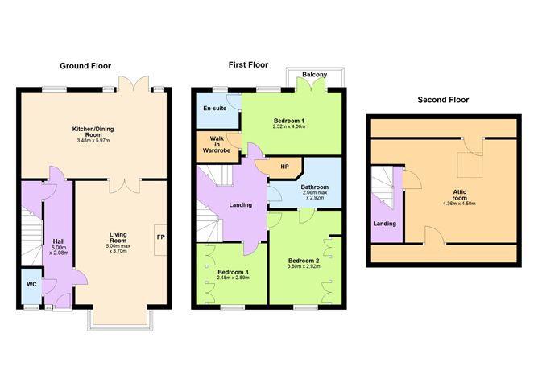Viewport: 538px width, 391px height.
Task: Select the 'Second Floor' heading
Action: pos(443,100)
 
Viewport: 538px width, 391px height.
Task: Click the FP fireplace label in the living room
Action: pos(160,237)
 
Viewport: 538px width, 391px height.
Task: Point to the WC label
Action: pos(31,284)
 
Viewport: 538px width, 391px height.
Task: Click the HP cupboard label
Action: pos(284,167)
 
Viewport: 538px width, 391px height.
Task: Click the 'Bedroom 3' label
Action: pos(234,272)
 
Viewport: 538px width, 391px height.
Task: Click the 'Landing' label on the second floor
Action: pos(385,223)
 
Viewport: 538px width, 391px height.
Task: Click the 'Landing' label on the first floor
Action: pos(239,204)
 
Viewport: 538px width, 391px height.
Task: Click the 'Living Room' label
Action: pos(118,239)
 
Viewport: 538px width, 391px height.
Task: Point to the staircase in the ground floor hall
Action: pos(30,233)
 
